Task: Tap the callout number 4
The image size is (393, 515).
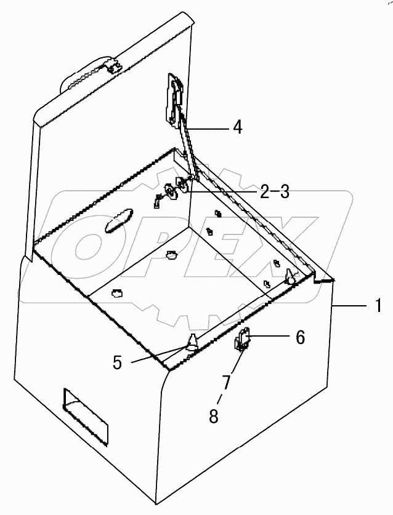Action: pos(237,127)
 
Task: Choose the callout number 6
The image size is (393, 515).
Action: pos(300,337)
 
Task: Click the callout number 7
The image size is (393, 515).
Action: pos(227,382)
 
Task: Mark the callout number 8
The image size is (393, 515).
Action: pos(214,417)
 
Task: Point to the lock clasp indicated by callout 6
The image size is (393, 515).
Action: pos(242,340)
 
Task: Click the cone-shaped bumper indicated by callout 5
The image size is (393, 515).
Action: pos(192,341)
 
